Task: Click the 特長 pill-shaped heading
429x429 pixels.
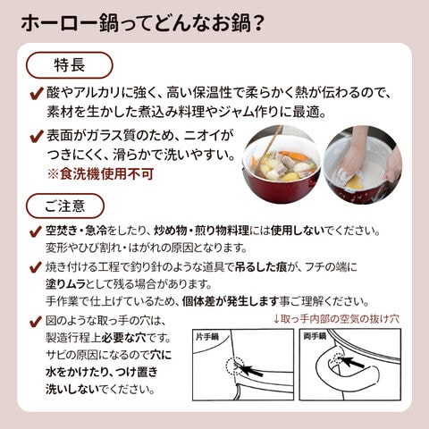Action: (x=70, y=65)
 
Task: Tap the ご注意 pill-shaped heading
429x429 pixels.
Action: (x=65, y=206)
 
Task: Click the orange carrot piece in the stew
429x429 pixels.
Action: (x=294, y=156)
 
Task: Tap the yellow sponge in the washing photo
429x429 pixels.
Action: (x=355, y=182)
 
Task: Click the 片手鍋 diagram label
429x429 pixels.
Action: (x=207, y=337)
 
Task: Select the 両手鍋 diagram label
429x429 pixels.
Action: (x=315, y=336)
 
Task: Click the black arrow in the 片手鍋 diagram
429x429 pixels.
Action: (x=252, y=370)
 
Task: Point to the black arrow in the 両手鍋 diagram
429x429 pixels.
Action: (x=353, y=361)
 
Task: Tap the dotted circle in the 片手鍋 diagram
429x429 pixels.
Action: (x=235, y=366)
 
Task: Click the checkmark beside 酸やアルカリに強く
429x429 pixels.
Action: (x=37, y=93)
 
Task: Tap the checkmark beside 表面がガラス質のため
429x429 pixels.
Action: (x=37, y=137)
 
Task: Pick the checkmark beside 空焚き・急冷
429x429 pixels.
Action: (x=36, y=231)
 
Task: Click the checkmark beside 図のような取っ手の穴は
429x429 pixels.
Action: (x=36, y=322)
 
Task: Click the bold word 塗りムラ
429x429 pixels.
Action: (x=65, y=284)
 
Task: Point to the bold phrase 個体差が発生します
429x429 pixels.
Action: (x=231, y=301)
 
